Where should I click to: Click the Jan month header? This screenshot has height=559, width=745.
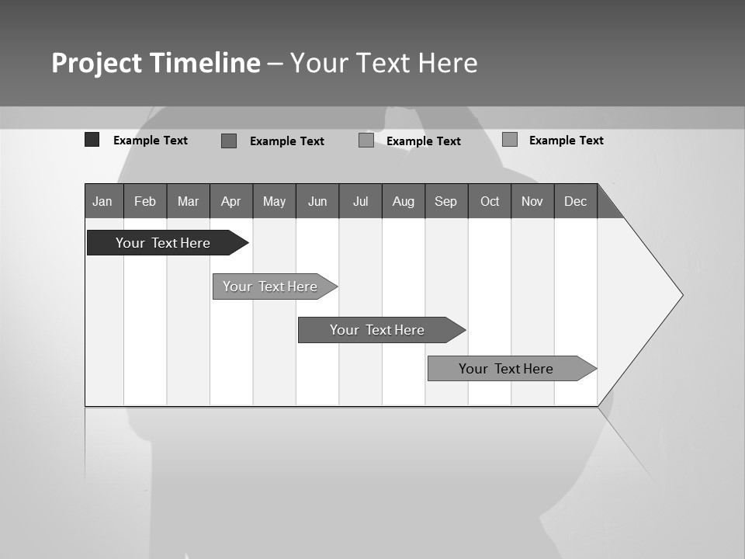102,201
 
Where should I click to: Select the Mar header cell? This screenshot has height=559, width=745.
188,201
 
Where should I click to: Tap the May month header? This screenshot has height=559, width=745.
274,201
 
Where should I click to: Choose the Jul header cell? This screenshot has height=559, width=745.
360,201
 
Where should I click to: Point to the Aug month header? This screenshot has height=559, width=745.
403,201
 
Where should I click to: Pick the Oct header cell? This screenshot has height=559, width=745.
490,201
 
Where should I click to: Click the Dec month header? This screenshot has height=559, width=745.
575,201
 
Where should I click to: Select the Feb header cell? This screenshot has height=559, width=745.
145,201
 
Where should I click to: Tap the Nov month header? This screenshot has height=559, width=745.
532,201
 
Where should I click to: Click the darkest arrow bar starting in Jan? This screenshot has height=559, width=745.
163,243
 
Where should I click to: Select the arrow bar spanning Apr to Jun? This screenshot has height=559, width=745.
270,286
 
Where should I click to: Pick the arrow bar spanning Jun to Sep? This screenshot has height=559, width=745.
377,330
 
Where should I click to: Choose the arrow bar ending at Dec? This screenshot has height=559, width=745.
506,369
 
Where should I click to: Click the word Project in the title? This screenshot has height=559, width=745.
96,63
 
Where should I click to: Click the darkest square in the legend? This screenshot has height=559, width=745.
92,140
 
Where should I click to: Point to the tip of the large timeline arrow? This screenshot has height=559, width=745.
681,295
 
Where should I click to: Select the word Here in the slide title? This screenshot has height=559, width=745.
448,63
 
